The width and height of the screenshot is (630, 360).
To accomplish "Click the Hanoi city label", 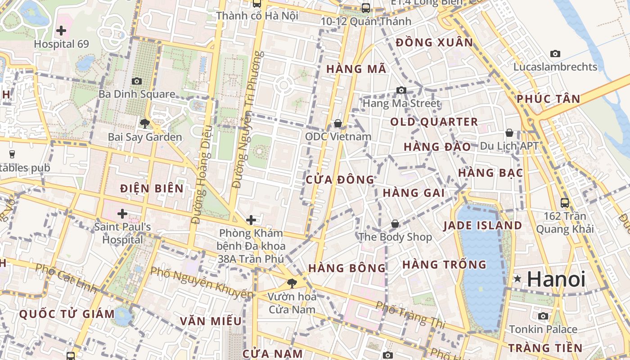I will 556,279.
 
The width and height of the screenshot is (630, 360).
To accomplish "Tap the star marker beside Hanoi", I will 518,279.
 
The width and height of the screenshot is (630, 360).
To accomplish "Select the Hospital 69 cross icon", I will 61,31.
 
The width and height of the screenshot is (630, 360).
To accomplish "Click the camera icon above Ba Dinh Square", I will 137,81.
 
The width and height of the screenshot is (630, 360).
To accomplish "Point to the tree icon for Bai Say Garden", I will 144,123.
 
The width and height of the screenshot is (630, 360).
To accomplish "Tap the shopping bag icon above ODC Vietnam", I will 338,123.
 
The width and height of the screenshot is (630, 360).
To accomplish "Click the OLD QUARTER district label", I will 434,122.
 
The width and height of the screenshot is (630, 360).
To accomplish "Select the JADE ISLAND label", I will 483,225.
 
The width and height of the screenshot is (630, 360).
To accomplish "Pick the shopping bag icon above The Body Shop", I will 395,224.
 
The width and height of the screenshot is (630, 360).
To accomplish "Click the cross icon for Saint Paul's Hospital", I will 122,213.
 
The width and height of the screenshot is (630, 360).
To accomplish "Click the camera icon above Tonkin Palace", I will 543,316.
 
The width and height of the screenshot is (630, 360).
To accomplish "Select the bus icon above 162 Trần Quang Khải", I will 565,202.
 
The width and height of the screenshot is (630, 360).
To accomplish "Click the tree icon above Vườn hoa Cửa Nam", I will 292,283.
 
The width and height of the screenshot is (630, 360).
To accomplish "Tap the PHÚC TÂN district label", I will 548,99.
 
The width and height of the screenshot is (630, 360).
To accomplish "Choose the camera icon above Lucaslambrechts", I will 555,54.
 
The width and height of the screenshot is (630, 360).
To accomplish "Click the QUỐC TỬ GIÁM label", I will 67,314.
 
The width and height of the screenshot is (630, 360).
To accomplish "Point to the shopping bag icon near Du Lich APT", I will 509,133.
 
